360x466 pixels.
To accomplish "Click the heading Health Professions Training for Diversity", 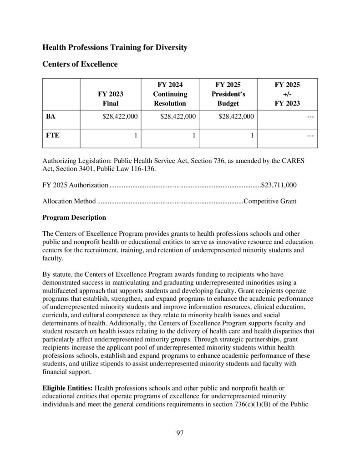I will point(115,47).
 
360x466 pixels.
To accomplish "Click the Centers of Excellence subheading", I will point(80,64).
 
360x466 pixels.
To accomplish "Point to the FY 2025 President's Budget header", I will point(230,94).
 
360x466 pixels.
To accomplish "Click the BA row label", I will point(51,117).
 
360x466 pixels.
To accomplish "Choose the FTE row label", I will point(52,136).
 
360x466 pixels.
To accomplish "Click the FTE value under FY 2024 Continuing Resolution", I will point(193,136).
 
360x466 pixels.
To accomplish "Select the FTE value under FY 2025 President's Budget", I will point(252,136).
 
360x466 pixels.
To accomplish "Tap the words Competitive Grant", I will point(270,201).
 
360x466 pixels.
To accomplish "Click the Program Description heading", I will point(74,217).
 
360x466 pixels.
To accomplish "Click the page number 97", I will point(180,433).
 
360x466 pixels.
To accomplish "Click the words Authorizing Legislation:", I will point(77,161).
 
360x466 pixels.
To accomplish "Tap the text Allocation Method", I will point(69,201).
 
